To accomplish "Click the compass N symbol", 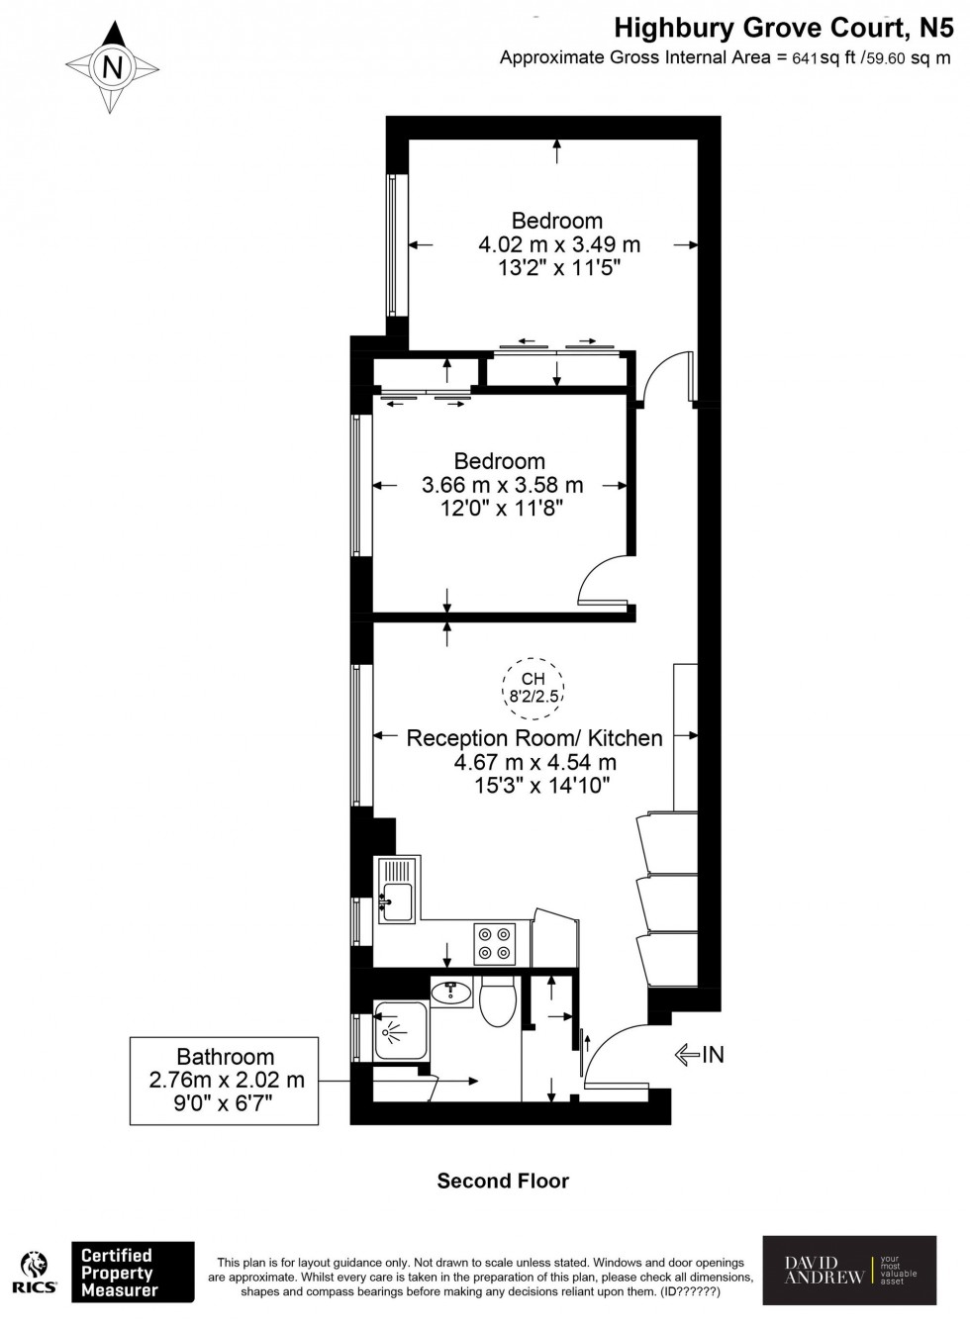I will [113, 67].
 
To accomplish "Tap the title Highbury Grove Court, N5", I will [783, 27].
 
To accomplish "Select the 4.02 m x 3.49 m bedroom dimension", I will [559, 244].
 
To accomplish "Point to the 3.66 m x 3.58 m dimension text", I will [502, 485].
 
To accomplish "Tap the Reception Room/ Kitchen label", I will [534, 738].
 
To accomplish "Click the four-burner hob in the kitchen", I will [495, 943].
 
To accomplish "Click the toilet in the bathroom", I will [496, 1000].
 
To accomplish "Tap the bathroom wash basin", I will [452, 991].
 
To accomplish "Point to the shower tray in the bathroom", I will [401, 1031].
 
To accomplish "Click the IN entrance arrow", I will [700, 1055].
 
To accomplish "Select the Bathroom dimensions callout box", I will [225, 1080].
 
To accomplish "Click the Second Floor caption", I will [503, 1181].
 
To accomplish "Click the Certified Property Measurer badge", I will [133, 1272].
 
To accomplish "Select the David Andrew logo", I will [849, 1271].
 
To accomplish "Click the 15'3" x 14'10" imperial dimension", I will [541, 786].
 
